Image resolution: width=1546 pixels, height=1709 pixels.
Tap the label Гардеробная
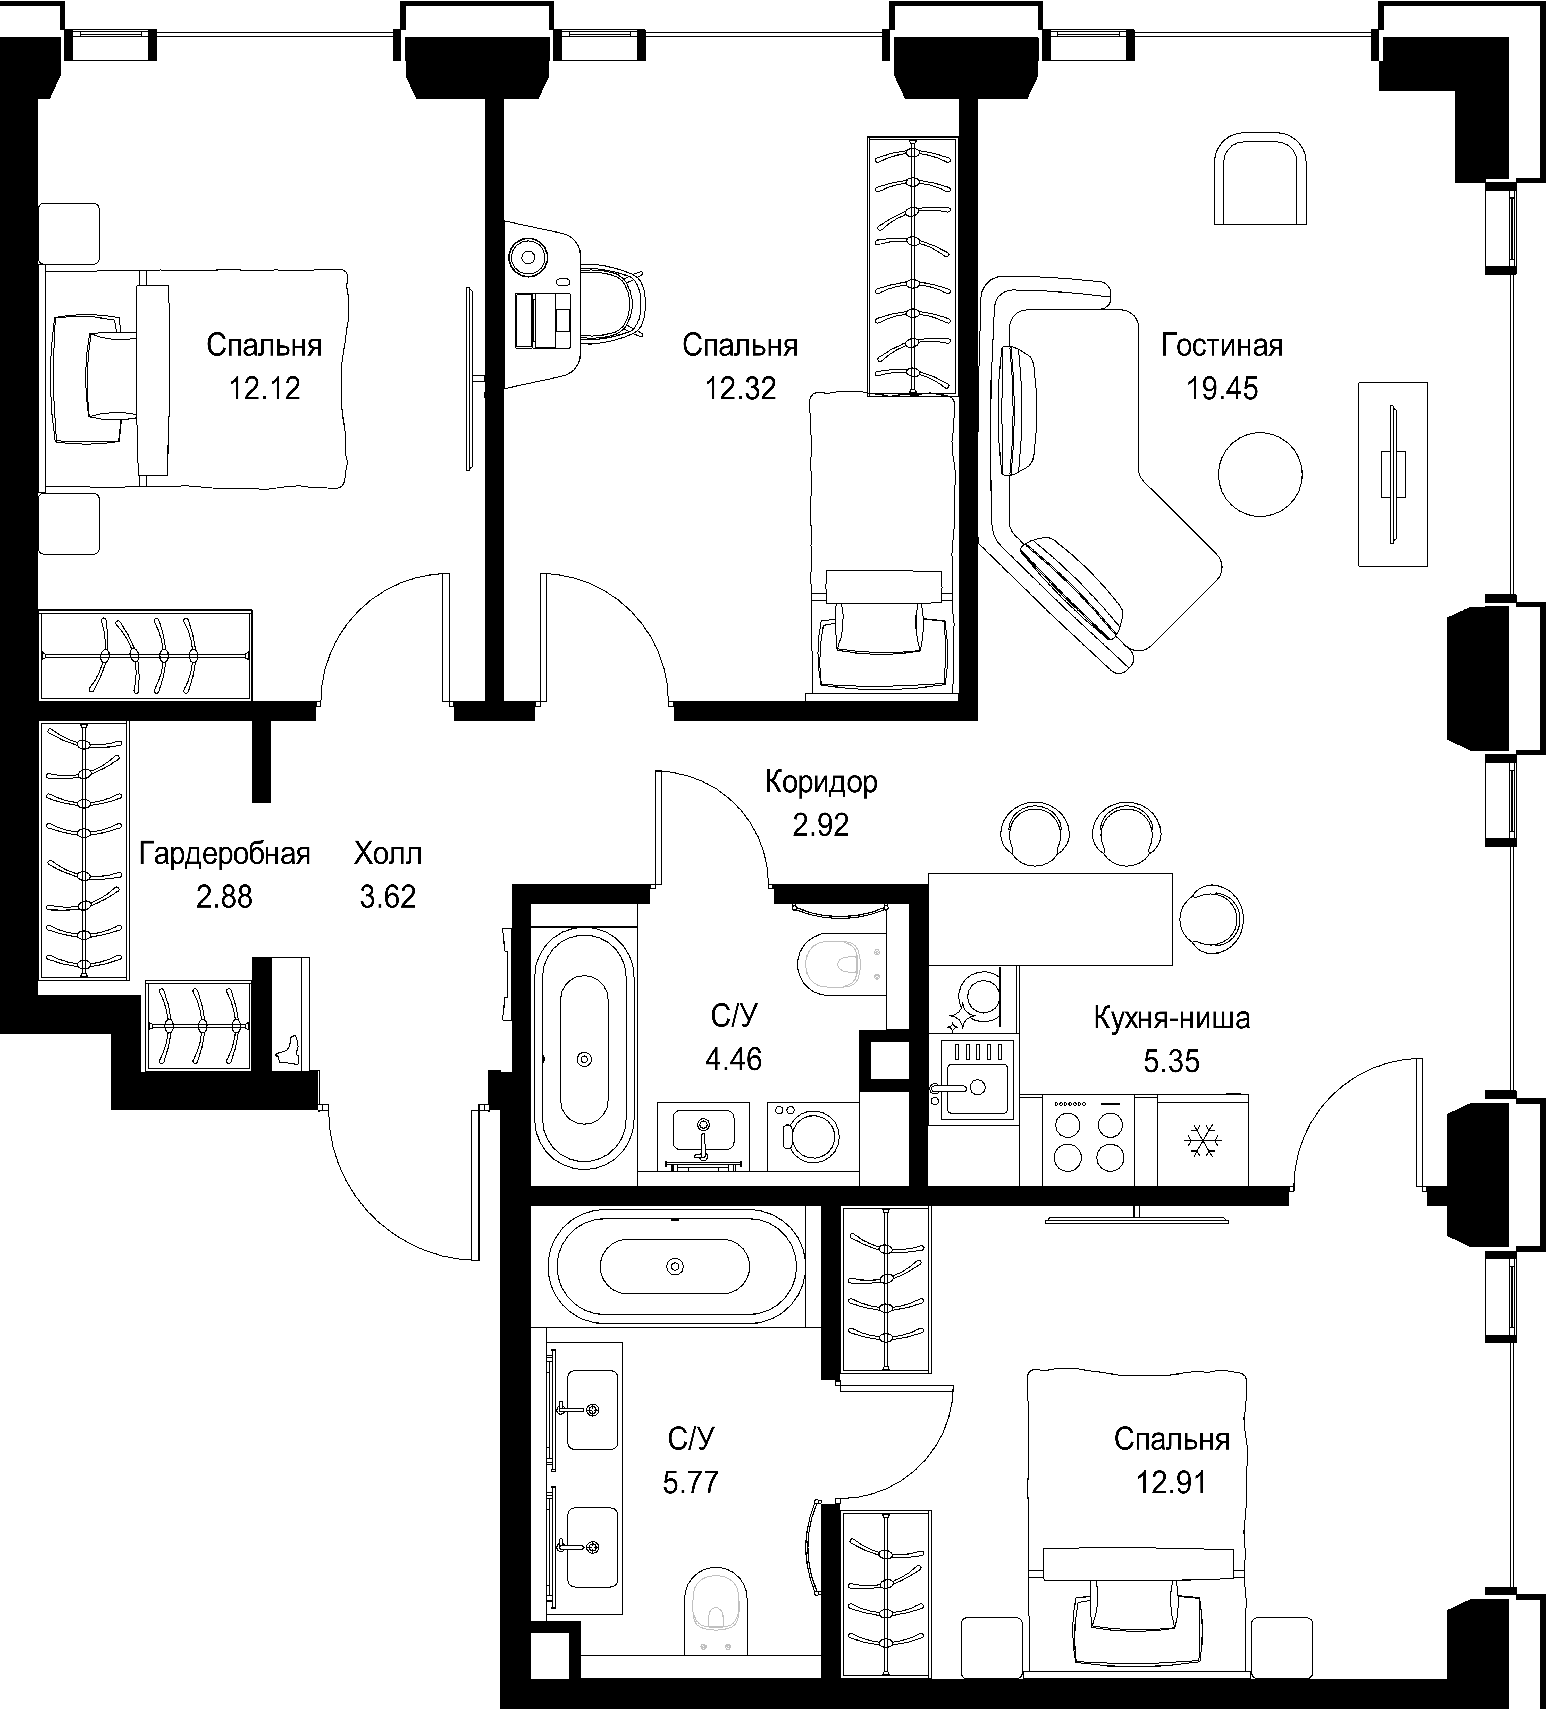click(x=225, y=854)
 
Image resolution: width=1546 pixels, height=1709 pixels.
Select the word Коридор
click(x=821, y=781)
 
